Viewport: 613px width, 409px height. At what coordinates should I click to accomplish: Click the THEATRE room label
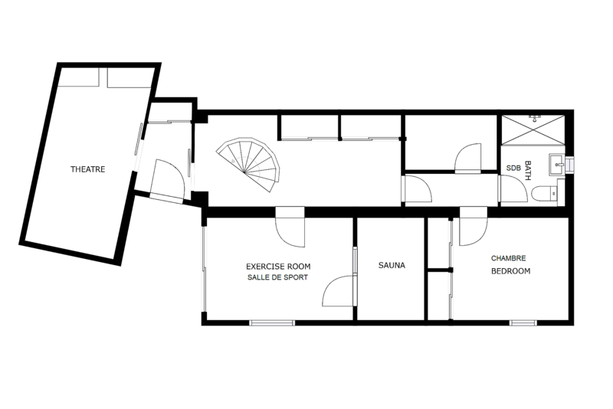[87, 169]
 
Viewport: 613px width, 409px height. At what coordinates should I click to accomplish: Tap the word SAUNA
[392, 265]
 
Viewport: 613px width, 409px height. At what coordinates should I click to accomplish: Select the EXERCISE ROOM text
[278, 267]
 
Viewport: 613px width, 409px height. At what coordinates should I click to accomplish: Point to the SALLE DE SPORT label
[277, 277]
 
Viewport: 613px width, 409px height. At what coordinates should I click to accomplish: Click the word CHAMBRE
[508, 258]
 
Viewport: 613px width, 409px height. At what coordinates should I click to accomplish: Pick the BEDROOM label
[510, 270]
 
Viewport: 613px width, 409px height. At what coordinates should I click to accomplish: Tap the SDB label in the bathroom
[513, 168]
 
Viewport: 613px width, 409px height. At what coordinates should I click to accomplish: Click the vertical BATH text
[527, 170]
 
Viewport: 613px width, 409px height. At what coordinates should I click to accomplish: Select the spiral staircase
[248, 165]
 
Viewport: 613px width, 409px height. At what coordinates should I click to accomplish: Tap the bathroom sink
[556, 164]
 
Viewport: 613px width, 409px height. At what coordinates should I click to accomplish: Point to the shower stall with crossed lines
[533, 129]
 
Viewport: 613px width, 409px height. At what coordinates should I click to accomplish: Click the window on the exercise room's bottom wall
[272, 322]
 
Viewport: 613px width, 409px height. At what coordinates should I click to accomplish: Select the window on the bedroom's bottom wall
[523, 322]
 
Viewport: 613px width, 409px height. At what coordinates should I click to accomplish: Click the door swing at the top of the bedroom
[474, 231]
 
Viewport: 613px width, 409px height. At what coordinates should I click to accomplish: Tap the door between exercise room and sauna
[339, 290]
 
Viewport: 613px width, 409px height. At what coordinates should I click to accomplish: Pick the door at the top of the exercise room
[290, 231]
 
